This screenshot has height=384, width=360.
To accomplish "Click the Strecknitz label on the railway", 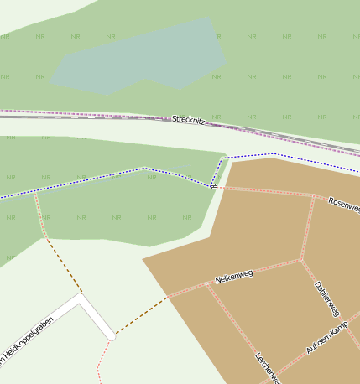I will click(x=195, y=121).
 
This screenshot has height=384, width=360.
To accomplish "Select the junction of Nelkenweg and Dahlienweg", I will click(x=300, y=260).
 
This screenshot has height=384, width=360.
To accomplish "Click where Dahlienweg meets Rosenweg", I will click(x=314, y=196).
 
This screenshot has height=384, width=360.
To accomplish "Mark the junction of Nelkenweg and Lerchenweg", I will click(x=206, y=283).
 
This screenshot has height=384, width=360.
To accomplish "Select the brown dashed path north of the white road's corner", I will click(x=62, y=266).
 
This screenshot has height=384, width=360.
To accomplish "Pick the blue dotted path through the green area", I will click(x=101, y=178).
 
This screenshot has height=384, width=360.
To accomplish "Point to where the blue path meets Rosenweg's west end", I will click(x=214, y=187).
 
